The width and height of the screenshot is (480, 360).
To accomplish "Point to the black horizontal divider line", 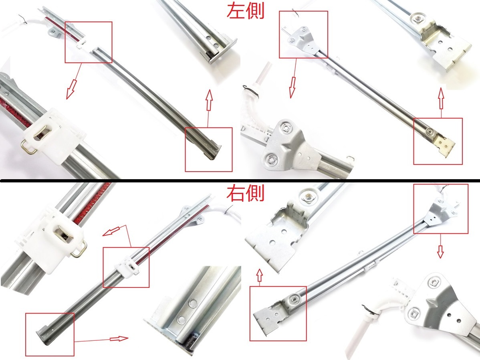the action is (240, 181).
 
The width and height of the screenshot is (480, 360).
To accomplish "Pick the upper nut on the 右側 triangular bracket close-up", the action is (434, 283).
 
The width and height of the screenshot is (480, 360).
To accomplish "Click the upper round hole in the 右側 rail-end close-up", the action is (193, 303).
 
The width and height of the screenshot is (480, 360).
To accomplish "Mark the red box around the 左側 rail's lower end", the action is (208, 150).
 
